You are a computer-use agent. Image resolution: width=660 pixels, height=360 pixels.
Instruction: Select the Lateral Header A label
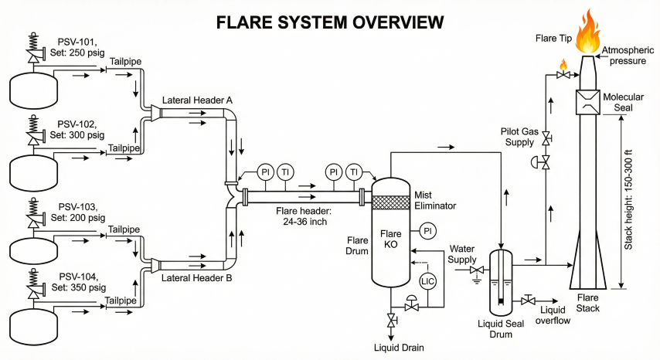tap(197, 101)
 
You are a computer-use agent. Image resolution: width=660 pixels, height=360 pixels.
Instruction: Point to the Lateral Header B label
tap(197, 279)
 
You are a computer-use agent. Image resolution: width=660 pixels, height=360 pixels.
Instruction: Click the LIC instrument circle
tap(427, 281)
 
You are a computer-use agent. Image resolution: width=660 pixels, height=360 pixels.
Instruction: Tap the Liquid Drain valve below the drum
tap(392, 321)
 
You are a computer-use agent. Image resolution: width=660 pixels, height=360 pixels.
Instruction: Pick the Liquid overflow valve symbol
tap(529, 300)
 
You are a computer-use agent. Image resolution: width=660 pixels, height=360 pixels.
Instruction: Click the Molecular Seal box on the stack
tap(590, 101)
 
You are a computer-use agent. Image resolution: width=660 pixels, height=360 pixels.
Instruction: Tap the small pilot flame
tap(563, 65)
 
